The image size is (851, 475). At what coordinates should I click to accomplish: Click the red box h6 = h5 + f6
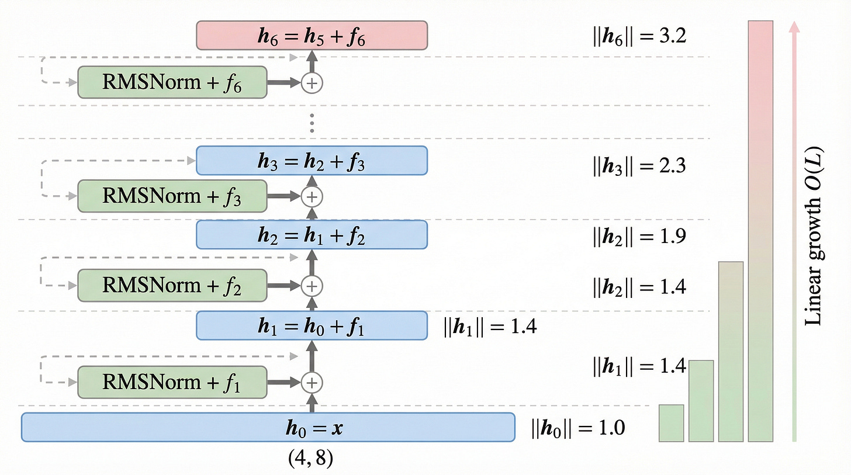click(x=312, y=36)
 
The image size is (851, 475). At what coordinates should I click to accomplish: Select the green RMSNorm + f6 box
click(x=172, y=83)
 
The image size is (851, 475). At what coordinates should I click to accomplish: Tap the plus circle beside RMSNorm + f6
click(x=312, y=83)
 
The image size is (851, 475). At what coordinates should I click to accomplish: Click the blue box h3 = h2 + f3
click(x=312, y=161)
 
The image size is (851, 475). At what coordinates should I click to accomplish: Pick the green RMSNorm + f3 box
click(x=172, y=196)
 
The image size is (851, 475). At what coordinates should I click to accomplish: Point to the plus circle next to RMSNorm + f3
click(x=312, y=196)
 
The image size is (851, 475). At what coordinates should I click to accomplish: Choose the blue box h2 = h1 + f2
click(x=312, y=234)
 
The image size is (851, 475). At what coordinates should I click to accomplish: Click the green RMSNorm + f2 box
click(x=172, y=285)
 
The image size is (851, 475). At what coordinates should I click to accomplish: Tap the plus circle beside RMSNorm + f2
click(x=312, y=285)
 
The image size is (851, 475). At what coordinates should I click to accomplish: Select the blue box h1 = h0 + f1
click(x=312, y=325)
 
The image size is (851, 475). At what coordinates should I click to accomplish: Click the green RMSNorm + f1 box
click(x=172, y=382)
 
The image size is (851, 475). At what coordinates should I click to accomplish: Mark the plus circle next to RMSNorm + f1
click(x=312, y=382)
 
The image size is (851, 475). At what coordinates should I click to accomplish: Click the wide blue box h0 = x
click(x=268, y=427)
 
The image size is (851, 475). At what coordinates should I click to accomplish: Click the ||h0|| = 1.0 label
click(x=577, y=428)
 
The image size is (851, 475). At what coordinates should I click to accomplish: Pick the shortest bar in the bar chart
click(x=672, y=423)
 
